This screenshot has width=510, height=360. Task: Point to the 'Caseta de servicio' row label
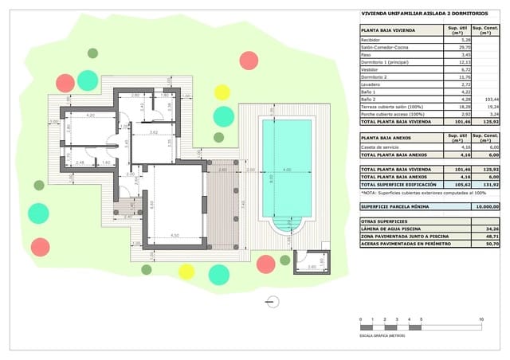tap(380, 147)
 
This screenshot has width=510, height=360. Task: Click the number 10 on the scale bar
tap(481, 319)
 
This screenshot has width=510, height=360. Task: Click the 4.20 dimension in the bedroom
tap(91, 116)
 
